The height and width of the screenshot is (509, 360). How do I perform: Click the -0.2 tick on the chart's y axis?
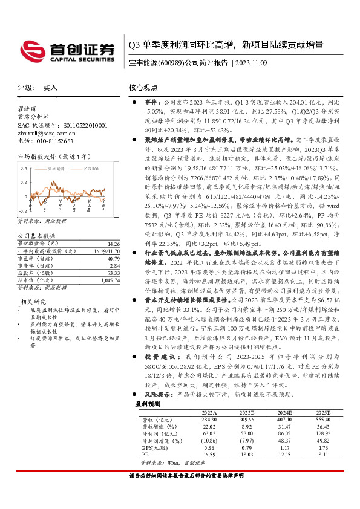pos(22,210)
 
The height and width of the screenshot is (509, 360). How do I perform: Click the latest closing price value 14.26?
pos(113,244)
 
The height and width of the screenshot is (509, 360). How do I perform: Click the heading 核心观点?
pos(143,88)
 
